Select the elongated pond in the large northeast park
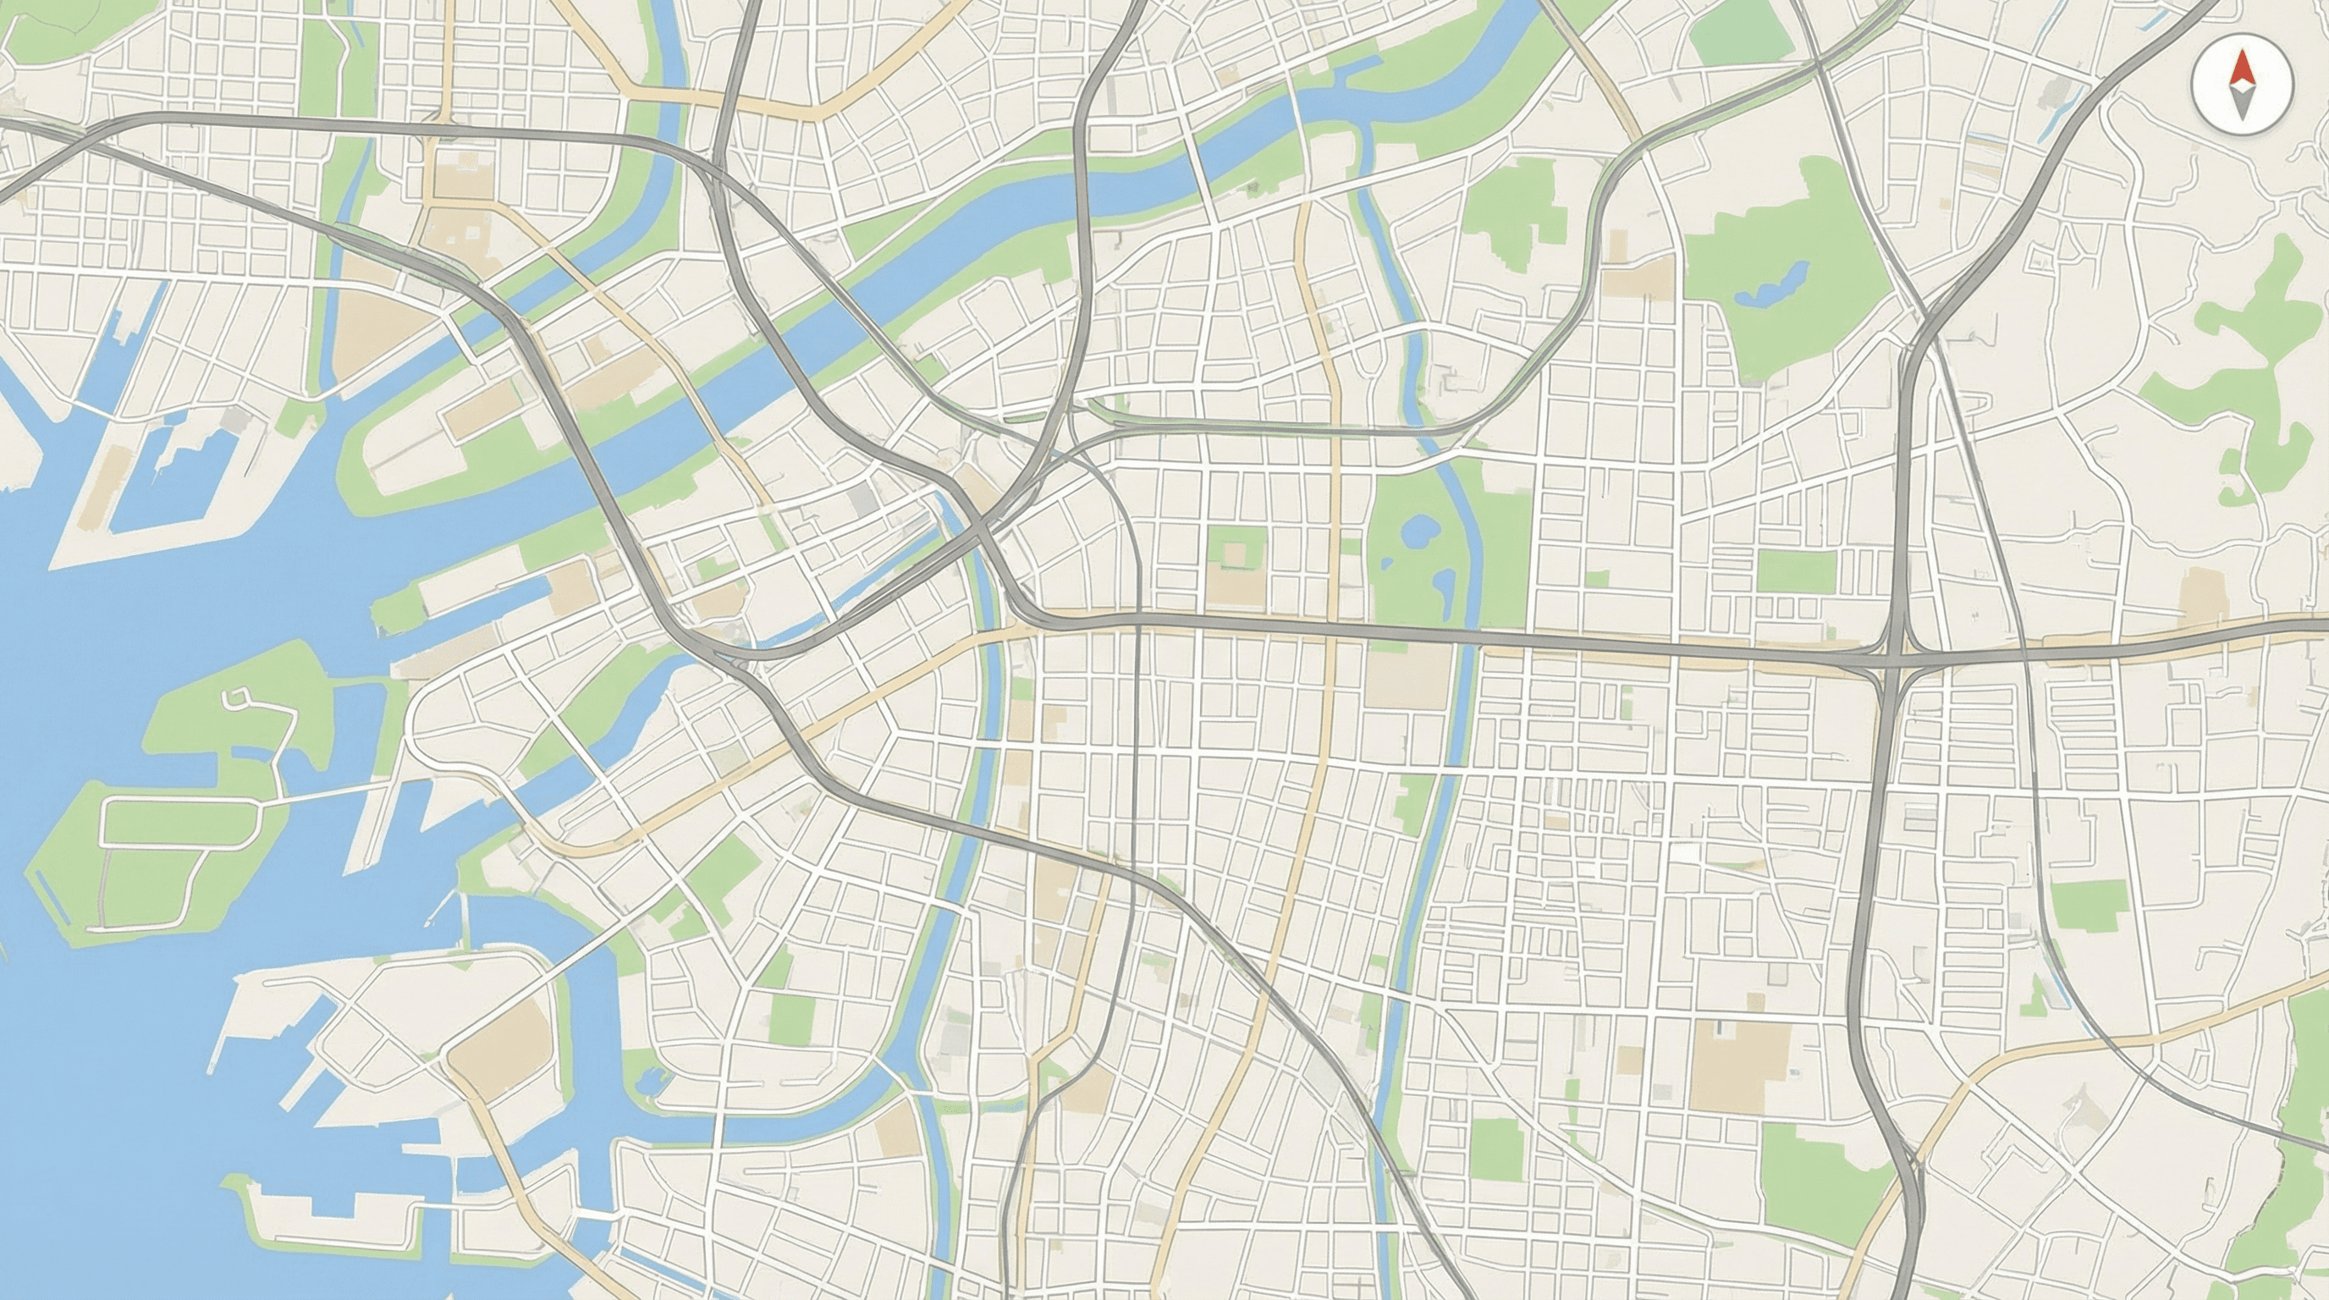(1772, 284)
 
